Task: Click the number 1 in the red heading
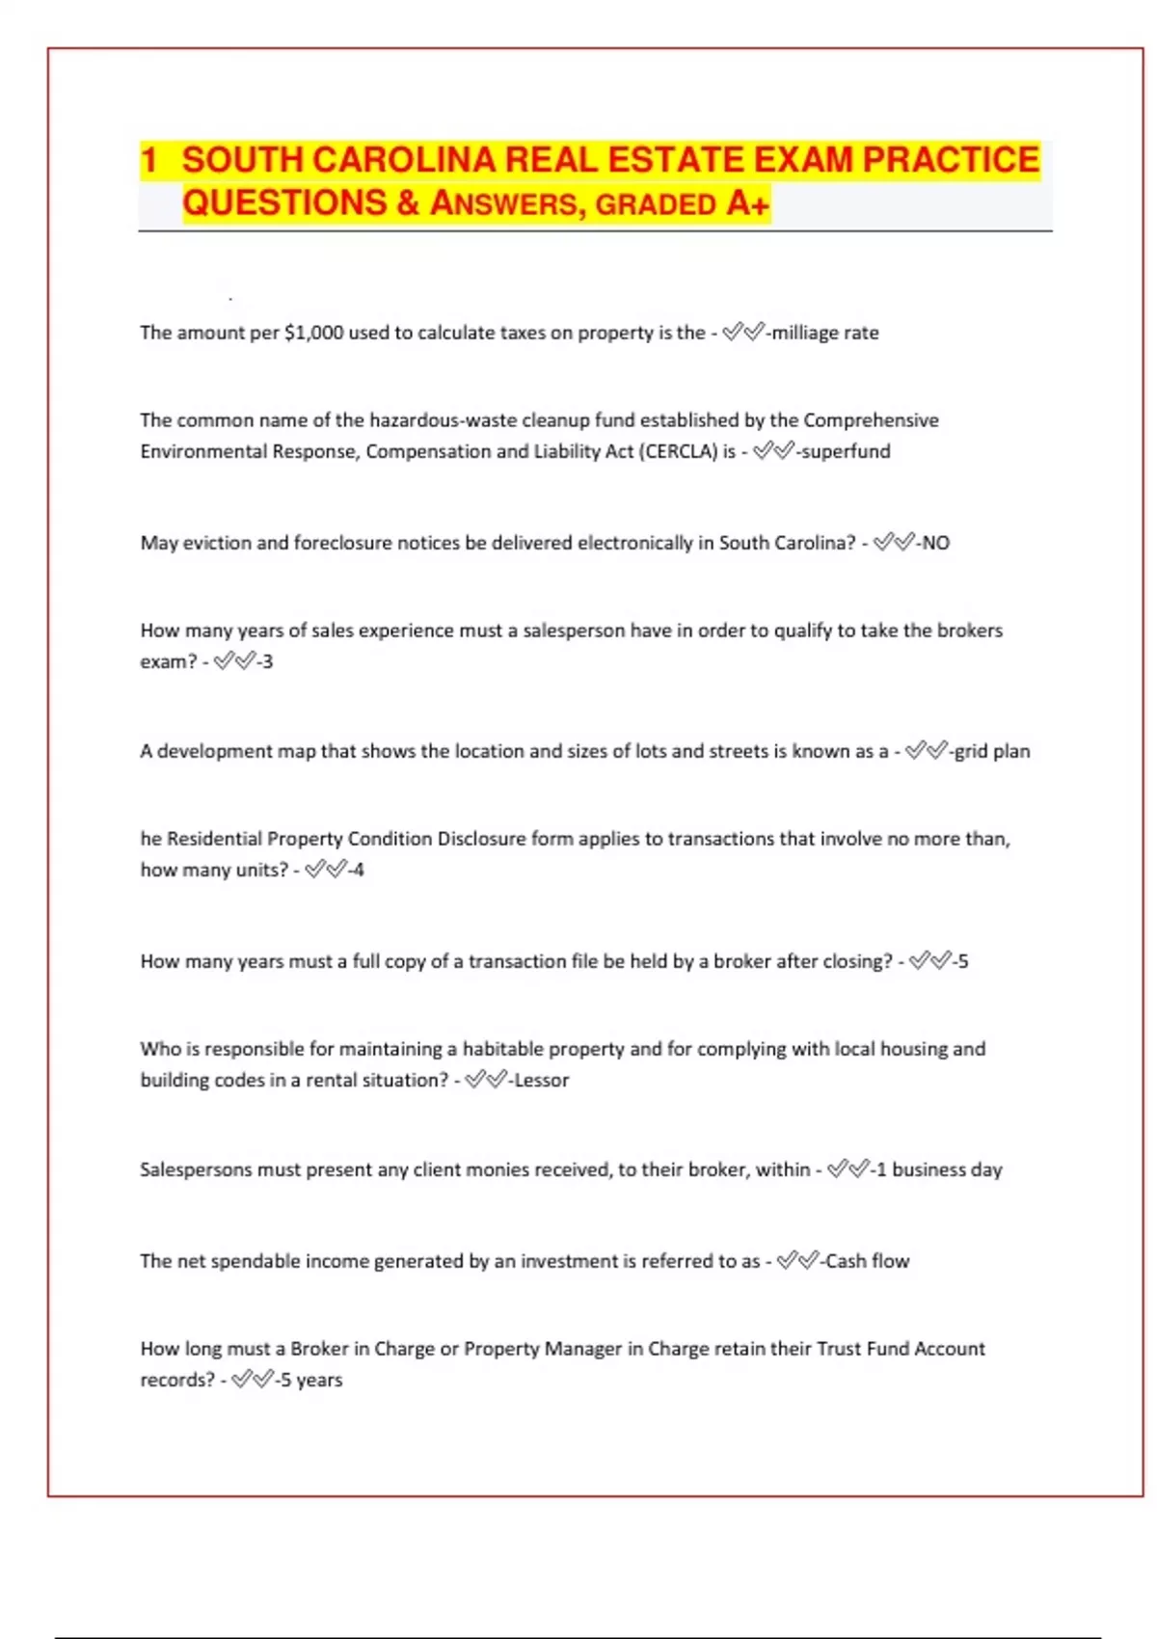[148, 160]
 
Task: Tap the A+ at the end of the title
[748, 203]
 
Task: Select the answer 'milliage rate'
[825, 333]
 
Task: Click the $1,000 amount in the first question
[314, 333]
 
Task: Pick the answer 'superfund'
[846, 451]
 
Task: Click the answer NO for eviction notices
[935, 543]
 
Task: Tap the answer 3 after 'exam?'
[268, 661]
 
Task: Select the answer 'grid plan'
[992, 751]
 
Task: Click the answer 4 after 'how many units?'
[359, 870]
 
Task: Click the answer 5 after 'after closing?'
[962, 961]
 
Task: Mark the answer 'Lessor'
[541, 1080]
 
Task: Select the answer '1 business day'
[938, 1169]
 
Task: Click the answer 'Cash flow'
[867, 1261]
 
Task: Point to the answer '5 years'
[310, 1380]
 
